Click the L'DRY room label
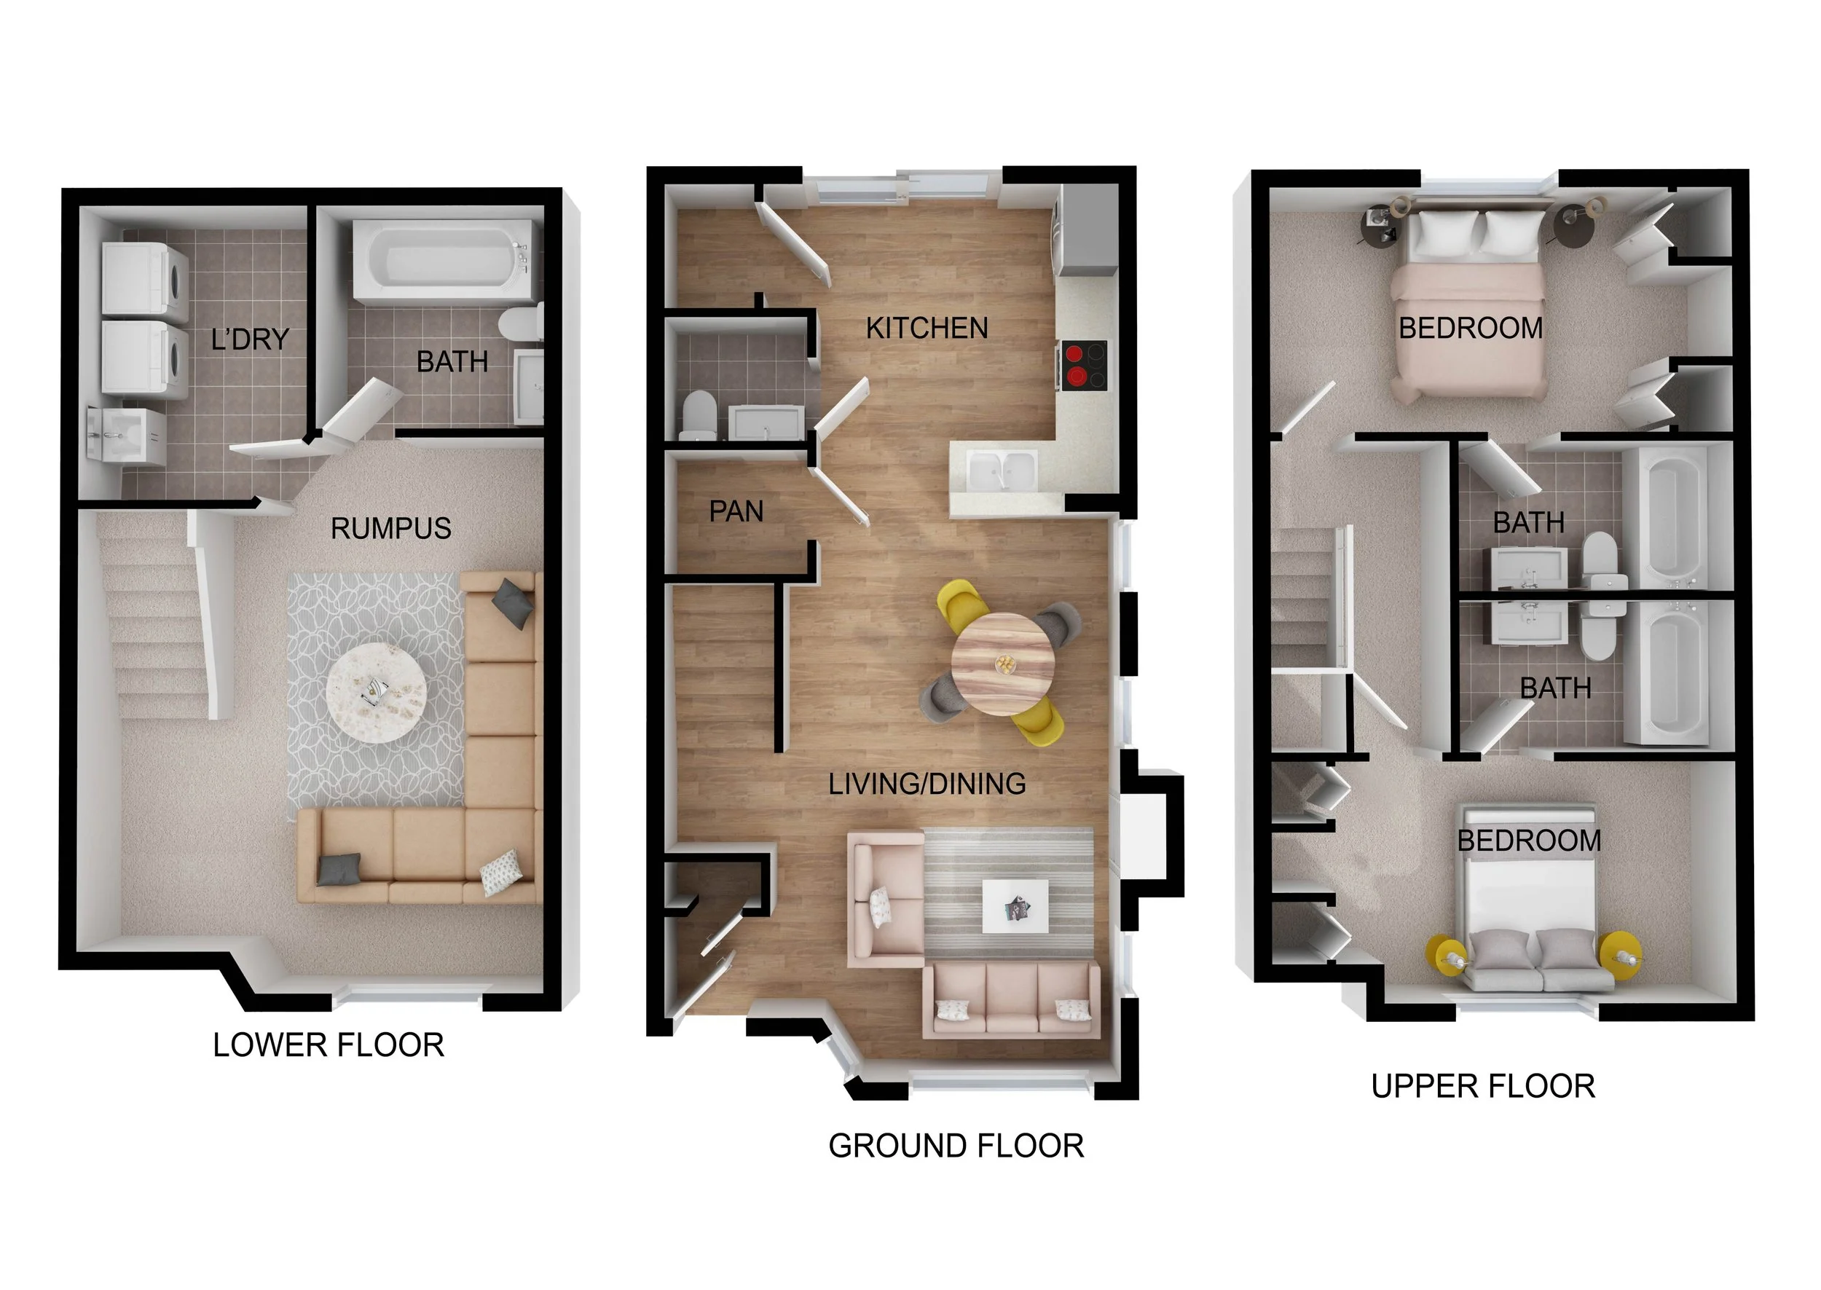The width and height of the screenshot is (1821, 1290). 249,340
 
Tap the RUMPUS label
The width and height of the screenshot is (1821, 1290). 390,529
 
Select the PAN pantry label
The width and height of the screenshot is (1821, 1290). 736,511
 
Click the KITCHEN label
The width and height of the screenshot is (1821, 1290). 926,328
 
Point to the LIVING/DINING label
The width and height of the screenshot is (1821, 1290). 927,784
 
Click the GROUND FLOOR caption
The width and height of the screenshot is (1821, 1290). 956,1147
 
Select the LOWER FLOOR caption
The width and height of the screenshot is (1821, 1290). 328,1045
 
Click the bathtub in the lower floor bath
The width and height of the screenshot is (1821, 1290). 441,261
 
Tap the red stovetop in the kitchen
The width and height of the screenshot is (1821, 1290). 1081,366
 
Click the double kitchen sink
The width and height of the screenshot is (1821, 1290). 1002,471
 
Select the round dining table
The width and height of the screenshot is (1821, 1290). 1004,664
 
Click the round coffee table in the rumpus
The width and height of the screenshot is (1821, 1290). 376,693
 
